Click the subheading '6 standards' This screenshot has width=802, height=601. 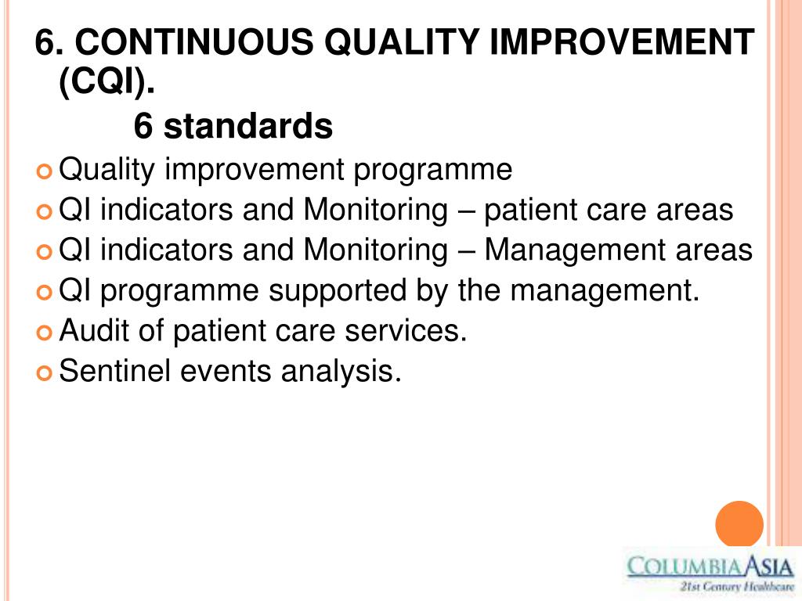click(233, 127)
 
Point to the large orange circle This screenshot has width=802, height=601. click(739, 524)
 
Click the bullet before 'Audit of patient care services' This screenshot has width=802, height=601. click(45, 333)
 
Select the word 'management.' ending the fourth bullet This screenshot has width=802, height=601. click(604, 291)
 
